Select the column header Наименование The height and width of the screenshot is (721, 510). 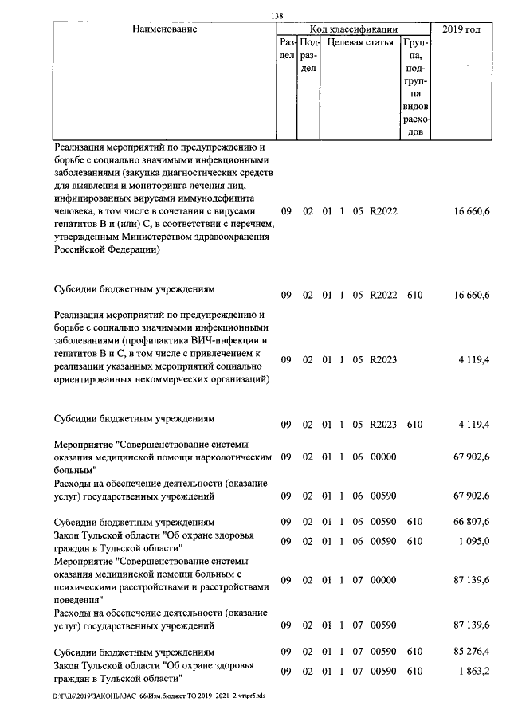tap(165, 29)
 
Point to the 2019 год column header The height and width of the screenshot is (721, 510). tap(463, 29)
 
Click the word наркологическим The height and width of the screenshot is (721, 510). tap(232, 457)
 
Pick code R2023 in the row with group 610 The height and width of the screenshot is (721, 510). tap(383, 425)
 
